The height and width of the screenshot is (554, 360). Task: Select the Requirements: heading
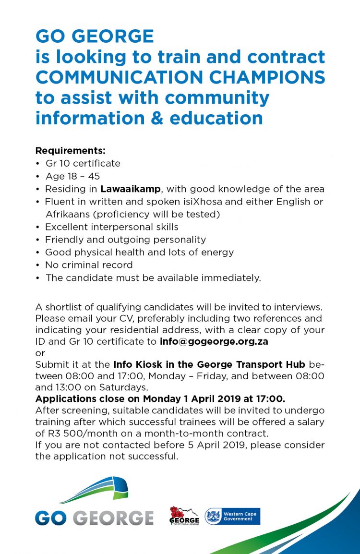coord(70,151)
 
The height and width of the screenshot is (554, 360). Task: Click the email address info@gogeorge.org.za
coord(214,342)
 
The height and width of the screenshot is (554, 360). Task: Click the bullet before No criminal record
coord(38,265)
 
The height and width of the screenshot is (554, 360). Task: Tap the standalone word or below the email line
coord(39,353)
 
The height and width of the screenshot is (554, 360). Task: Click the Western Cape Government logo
coord(232,516)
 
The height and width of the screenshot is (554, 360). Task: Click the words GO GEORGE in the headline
coord(95,36)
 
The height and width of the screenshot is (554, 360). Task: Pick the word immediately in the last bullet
coord(233,277)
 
